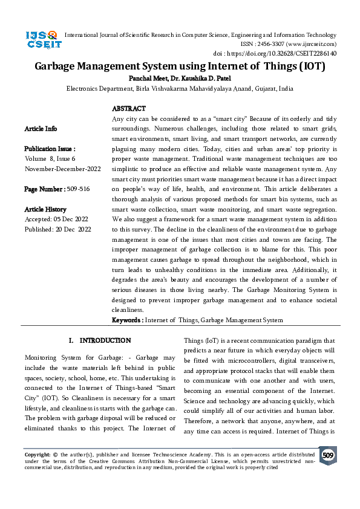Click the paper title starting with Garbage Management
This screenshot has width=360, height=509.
pyautogui.click(x=180, y=66)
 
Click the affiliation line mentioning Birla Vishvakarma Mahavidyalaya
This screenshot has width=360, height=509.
pyautogui.click(x=180, y=88)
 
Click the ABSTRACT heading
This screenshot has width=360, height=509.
pyautogui.click(x=129, y=109)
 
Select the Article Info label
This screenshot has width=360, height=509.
pyautogui.click(x=41, y=129)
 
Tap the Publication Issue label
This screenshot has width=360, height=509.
pyautogui.click(x=50, y=149)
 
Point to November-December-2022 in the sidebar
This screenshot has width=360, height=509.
pyautogui.click(x=62, y=169)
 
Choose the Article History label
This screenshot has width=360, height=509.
pyautogui.click(x=45, y=209)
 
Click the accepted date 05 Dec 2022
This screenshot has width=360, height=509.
pyautogui.click(x=71, y=219)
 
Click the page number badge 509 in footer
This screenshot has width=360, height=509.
pyautogui.click(x=328, y=455)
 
